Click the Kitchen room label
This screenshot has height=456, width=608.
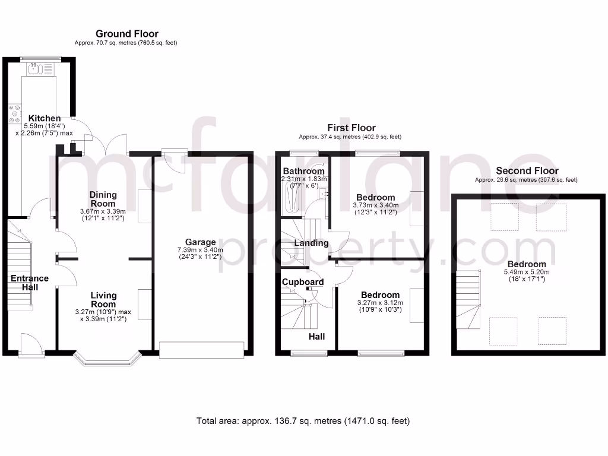tap(45, 118)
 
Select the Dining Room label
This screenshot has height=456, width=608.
tap(103, 199)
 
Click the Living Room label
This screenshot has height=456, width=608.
tap(103, 300)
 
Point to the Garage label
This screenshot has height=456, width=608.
tap(200, 242)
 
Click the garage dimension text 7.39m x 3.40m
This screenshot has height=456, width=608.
tap(200, 250)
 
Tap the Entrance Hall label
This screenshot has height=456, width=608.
tap(29, 283)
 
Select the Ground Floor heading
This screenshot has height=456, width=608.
tap(126, 34)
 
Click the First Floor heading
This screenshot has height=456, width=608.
tap(351, 128)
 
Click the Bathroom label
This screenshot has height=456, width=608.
tap(303, 171)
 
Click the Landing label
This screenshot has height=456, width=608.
tap(312, 243)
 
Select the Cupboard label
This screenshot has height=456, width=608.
tap(303, 281)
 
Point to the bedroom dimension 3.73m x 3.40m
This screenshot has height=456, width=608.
tap(375, 205)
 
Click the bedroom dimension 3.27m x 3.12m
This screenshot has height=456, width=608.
tap(380, 303)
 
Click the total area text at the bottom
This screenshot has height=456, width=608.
tap(303, 421)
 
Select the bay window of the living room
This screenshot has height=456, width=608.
tap(107, 358)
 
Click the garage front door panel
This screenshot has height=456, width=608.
tap(202, 350)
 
